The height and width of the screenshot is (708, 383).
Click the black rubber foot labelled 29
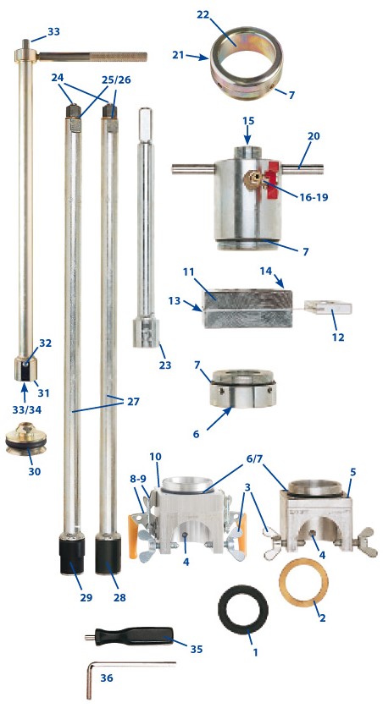pyautogui.click(x=73, y=553)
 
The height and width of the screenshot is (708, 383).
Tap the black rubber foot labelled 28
pyautogui.click(x=108, y=553)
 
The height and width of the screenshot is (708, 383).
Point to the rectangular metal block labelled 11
pyautogui.click(x=247, y=309)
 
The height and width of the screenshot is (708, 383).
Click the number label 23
pyautogui.click(x=165, y=364)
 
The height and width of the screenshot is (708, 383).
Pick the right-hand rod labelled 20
pyautogui.click(x=302, y=169)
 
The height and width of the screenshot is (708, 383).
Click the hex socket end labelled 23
pyautogui.click(x=146, y=332)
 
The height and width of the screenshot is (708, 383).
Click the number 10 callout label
pyautogui.click(x=155, y=457)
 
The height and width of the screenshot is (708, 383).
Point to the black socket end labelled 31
pyautogui.click(x=26, y=370)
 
